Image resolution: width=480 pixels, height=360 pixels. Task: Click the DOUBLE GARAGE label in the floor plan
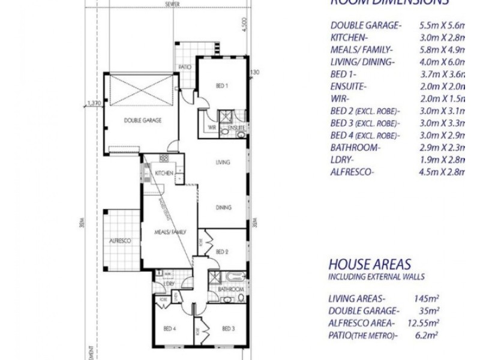click(143, 120)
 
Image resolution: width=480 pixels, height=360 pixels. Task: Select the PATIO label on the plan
click(184, 67)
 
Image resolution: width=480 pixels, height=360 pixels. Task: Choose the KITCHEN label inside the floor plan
click(164, 173)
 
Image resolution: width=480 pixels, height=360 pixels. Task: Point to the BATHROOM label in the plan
click(231, 289)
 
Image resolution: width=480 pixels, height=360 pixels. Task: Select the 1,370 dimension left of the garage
click(94, 103)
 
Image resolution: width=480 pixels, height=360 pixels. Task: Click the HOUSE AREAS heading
click(370, 263)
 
